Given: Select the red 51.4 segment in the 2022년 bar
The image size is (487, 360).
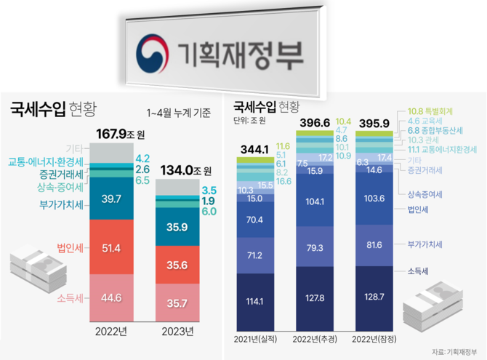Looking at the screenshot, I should [112, 249].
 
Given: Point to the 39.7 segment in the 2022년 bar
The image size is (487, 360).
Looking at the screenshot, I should [112, 199].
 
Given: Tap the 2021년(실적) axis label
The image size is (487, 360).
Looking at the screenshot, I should [255, 339].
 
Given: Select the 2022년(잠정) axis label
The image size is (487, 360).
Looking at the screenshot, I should [376, 339].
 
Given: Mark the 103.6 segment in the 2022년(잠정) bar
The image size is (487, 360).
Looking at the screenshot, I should [376, 199].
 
